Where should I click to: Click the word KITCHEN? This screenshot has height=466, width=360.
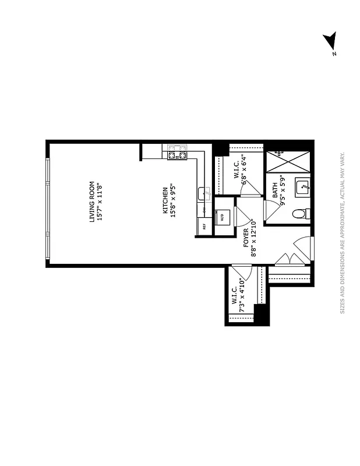pyautogui.click(x=165, y=199)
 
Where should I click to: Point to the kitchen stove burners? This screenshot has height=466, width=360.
pyautogui.click(x=177, y=153)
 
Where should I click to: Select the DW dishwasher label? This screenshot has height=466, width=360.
pyautogui.click(x=204, y=209)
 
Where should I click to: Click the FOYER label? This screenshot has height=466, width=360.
pyautogui.click(x=245, y=238)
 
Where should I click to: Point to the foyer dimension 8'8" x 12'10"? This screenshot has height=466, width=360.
pyautogui.click(x=253, y=238)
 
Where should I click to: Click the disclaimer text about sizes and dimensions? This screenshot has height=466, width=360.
pyautogui.click(x=343, y=233)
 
